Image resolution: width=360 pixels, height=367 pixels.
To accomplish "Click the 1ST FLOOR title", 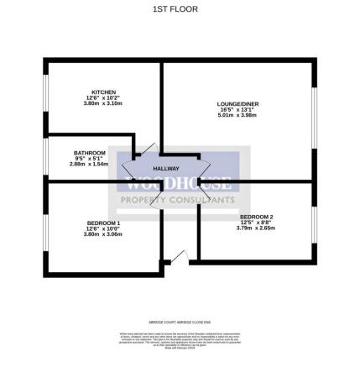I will (180, 9).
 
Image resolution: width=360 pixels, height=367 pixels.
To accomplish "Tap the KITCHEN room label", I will (103, 92).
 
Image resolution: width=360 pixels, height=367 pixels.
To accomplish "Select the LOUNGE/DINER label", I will (238, 103).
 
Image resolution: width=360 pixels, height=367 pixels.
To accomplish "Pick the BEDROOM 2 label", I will (256, 217).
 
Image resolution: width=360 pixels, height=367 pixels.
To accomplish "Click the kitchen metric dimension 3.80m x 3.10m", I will (103, 104).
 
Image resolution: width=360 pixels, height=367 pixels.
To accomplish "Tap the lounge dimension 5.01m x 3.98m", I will (238, 116).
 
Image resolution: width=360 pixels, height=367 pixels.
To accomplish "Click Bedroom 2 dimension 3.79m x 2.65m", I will (256, 228).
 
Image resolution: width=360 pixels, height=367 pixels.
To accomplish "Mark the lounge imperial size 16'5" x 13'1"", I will (238, 110).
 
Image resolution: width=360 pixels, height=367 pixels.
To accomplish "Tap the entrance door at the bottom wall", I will (176, 257).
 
